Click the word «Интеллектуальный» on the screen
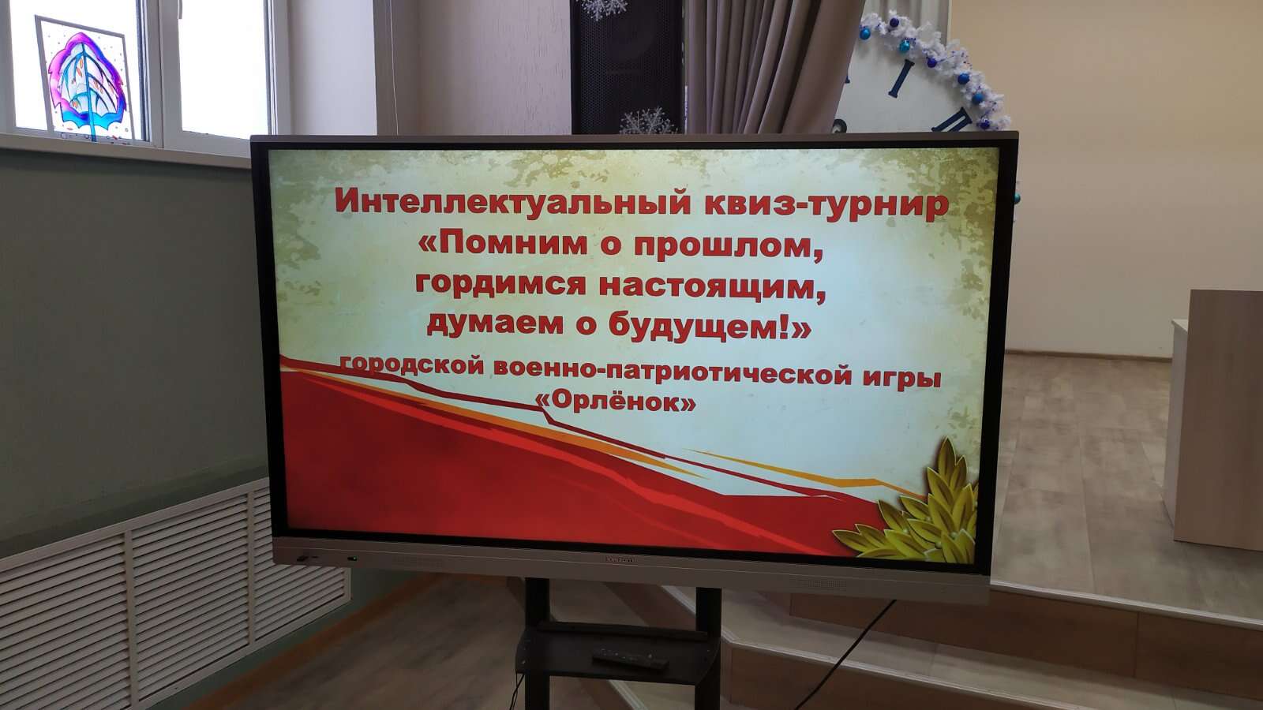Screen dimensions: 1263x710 [512, 202]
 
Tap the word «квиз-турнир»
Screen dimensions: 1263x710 [826, 204]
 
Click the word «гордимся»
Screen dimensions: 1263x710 [500, 286]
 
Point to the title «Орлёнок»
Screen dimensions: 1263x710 [615, 402]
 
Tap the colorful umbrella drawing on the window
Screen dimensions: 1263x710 [86, 84]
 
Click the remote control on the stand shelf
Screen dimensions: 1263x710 [630, 658]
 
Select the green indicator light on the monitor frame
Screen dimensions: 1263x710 [352, 559]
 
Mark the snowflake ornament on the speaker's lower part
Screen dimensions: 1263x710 [647, 121]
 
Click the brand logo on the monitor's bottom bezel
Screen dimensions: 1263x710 [620, 559]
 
